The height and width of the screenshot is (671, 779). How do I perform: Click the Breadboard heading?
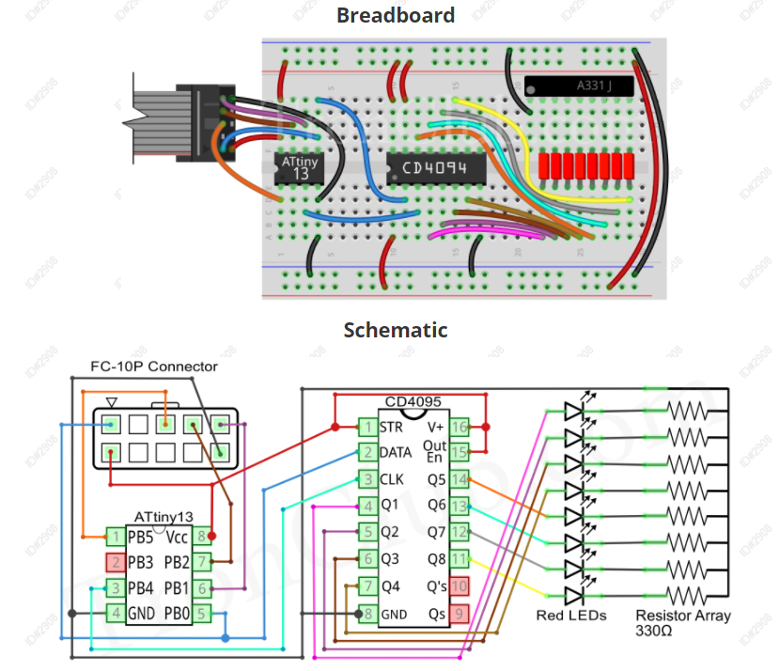click(395, 15)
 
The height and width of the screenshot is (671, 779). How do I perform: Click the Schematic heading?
click(395, 330)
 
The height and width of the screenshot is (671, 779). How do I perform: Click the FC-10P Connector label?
click(153, 367)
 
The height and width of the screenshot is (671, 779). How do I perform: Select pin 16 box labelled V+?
click(460, 427)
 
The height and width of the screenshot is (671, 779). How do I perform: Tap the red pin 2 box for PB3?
click(115, 563)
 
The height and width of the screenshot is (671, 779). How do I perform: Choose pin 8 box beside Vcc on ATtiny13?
click(201, 537)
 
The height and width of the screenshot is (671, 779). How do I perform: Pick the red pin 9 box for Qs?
click(460, 614)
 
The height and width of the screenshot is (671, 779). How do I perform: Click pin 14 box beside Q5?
click(460, 479)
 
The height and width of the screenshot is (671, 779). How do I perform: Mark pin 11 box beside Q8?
click(460, 559)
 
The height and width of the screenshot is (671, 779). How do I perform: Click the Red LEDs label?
click(570, 616)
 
